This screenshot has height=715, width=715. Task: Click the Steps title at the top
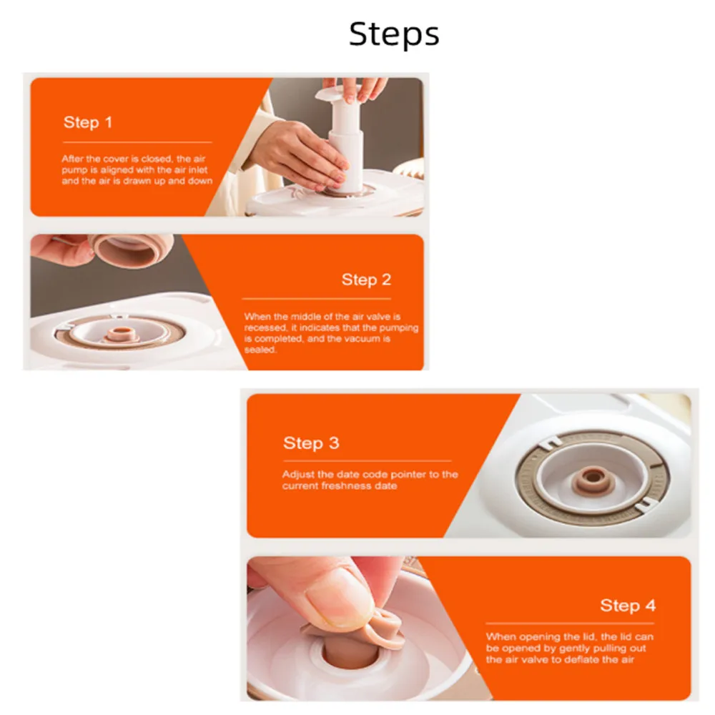394,34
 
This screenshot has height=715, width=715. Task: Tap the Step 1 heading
87,122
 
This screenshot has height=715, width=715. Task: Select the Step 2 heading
366,280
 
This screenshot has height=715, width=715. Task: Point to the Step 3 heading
311,443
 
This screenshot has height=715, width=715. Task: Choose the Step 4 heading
628,606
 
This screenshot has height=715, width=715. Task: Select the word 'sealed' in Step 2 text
260,350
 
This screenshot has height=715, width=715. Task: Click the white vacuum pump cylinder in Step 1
345,146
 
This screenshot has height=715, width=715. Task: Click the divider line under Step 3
367,461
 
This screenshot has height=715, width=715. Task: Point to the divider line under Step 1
137,142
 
